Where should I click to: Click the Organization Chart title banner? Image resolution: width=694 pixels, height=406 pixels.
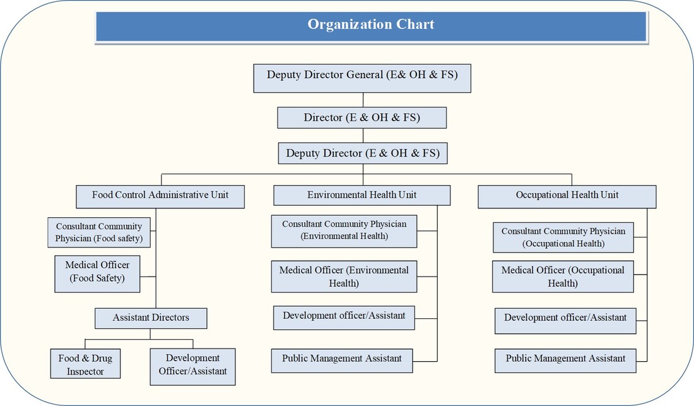[x=371, y=25]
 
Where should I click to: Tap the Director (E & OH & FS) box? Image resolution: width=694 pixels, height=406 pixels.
[x=362, y=118]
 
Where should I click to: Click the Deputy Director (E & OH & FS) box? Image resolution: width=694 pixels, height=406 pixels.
[x=363, y=153]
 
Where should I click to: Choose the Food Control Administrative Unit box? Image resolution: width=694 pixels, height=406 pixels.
[x=160, y=196]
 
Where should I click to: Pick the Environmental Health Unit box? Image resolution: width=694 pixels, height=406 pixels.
[x=362, y=196]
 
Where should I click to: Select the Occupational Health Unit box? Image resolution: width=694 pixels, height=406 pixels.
[x=567, y=196]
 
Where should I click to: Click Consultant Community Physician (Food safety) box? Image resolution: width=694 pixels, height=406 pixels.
[x=99, y=232]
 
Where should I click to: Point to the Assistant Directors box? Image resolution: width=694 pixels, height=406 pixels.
[x=151, y=318]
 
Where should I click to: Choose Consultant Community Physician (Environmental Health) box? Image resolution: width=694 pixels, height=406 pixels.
[x=344, y=231]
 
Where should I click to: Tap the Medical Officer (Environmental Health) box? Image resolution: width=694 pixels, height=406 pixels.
[x=344, y=277]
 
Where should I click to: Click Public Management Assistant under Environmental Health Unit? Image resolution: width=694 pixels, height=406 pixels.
[x=342, y=359]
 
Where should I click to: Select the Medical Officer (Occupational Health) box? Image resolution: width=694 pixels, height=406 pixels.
[x=563, y=277]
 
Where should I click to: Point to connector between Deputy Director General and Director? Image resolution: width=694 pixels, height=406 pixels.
[x=363, y=100]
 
